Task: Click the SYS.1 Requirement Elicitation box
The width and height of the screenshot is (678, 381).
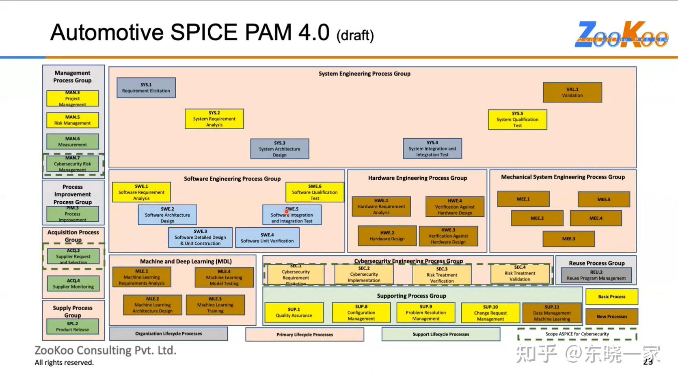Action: [146, 88]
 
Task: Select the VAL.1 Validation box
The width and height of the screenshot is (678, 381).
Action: [572, 92]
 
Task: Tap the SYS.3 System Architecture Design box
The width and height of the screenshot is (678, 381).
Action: [279, 149]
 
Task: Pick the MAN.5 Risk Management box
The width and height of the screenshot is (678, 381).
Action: [72, 120]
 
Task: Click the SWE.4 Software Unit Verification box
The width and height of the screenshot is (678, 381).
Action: [267, 238]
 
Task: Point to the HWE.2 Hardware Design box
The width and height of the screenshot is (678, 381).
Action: [387, 236]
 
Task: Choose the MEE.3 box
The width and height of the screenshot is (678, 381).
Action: [568, 239]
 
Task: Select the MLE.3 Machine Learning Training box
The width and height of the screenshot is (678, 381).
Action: [215, 305]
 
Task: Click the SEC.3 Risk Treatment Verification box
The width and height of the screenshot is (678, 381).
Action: [442, 275]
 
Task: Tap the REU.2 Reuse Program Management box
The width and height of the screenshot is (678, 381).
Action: [596, 275]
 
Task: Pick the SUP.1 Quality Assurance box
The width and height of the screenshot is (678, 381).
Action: [294, 312]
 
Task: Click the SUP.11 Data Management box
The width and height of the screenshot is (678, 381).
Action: [552, 313]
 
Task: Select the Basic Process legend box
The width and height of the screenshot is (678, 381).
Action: [611, 296]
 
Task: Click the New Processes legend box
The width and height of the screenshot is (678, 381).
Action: [611, 316]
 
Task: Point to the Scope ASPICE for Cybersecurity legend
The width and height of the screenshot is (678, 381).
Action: [577, 334]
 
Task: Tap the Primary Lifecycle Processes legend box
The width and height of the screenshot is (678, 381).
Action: [304, 335]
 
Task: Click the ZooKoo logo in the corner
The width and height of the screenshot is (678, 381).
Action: [621, 35]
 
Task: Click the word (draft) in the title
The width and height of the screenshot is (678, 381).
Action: [355, 35]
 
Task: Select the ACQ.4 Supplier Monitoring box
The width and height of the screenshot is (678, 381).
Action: [73, 283]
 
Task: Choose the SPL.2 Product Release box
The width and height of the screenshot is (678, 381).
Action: [72, 327]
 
